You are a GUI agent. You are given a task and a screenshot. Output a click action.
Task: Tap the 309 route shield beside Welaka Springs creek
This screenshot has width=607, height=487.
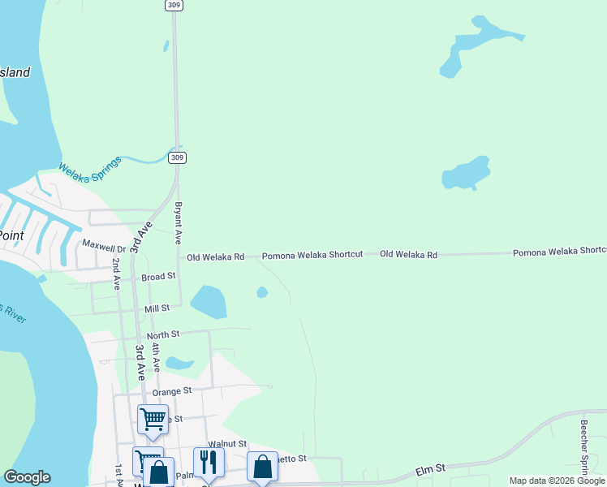tap(176, 157)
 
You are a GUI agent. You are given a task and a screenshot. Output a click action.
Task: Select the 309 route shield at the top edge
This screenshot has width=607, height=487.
tap(173, 5)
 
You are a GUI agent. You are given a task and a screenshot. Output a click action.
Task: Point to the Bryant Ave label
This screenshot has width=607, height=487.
tap(178, 224)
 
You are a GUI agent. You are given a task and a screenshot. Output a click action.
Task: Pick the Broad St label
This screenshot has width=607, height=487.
tap(158, 277)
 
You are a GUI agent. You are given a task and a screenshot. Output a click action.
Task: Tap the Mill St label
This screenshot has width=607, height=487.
tap(157, 308)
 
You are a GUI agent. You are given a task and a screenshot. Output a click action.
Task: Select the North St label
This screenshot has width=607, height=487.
tap(162, 334)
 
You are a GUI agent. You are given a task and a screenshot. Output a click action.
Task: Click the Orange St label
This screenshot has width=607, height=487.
tap(171, 390)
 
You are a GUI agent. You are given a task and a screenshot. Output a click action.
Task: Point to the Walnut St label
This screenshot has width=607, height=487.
tap(226, 444)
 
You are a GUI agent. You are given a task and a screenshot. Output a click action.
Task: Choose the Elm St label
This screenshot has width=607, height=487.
tap(430, 468)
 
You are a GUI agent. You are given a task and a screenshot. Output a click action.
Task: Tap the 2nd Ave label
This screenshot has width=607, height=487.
tap(117, 274)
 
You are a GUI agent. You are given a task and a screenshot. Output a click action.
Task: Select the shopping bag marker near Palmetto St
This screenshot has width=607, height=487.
tap(262, 467)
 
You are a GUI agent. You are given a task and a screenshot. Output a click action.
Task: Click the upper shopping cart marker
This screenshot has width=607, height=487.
tap(153, 420)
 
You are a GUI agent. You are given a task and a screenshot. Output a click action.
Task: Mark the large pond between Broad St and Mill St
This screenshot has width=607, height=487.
tap(209, 302)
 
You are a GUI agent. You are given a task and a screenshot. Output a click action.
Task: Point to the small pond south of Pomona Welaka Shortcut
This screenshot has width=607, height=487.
tap(262, 292)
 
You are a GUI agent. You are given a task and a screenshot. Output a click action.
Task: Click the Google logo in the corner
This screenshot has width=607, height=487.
tap(27, 477)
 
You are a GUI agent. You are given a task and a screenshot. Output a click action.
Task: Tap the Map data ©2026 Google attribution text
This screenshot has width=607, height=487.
tap(557, 481)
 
